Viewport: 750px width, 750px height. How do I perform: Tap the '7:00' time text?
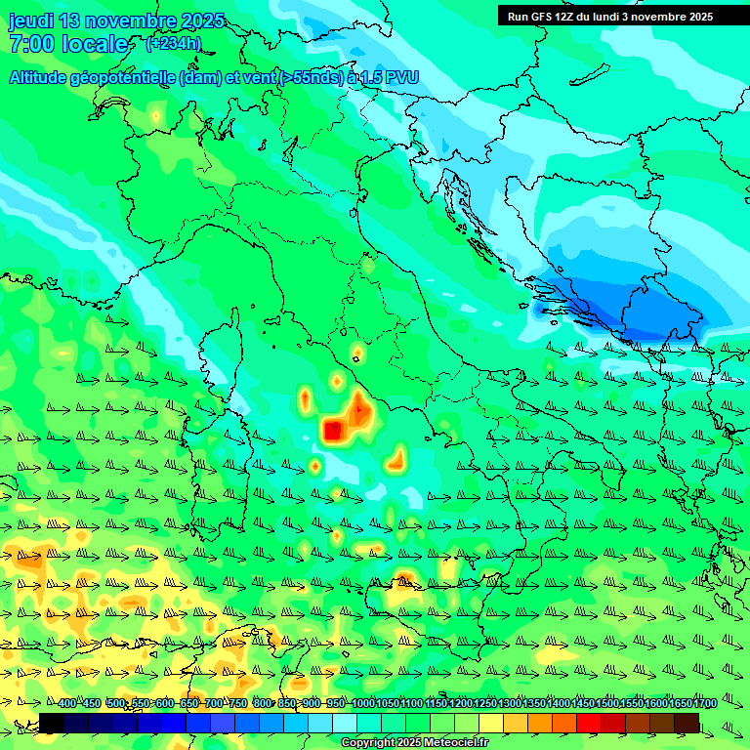(x=31, y=44)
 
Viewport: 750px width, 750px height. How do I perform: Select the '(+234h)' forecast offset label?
(x=174, y=43)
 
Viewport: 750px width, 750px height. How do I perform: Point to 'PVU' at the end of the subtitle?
(x=398, y=78)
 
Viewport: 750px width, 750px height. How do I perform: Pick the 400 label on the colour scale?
(x=66, y=704)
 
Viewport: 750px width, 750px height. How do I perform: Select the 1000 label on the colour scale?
(x=362, y=704)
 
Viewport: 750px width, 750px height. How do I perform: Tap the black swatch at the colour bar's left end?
(x=52, y=723)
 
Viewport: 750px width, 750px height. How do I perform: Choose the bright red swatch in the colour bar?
(x=589, y=723)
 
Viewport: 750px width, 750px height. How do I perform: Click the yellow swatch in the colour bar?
(x=491, y=723)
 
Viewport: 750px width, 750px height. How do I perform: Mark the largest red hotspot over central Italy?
(x=334, y=429)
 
